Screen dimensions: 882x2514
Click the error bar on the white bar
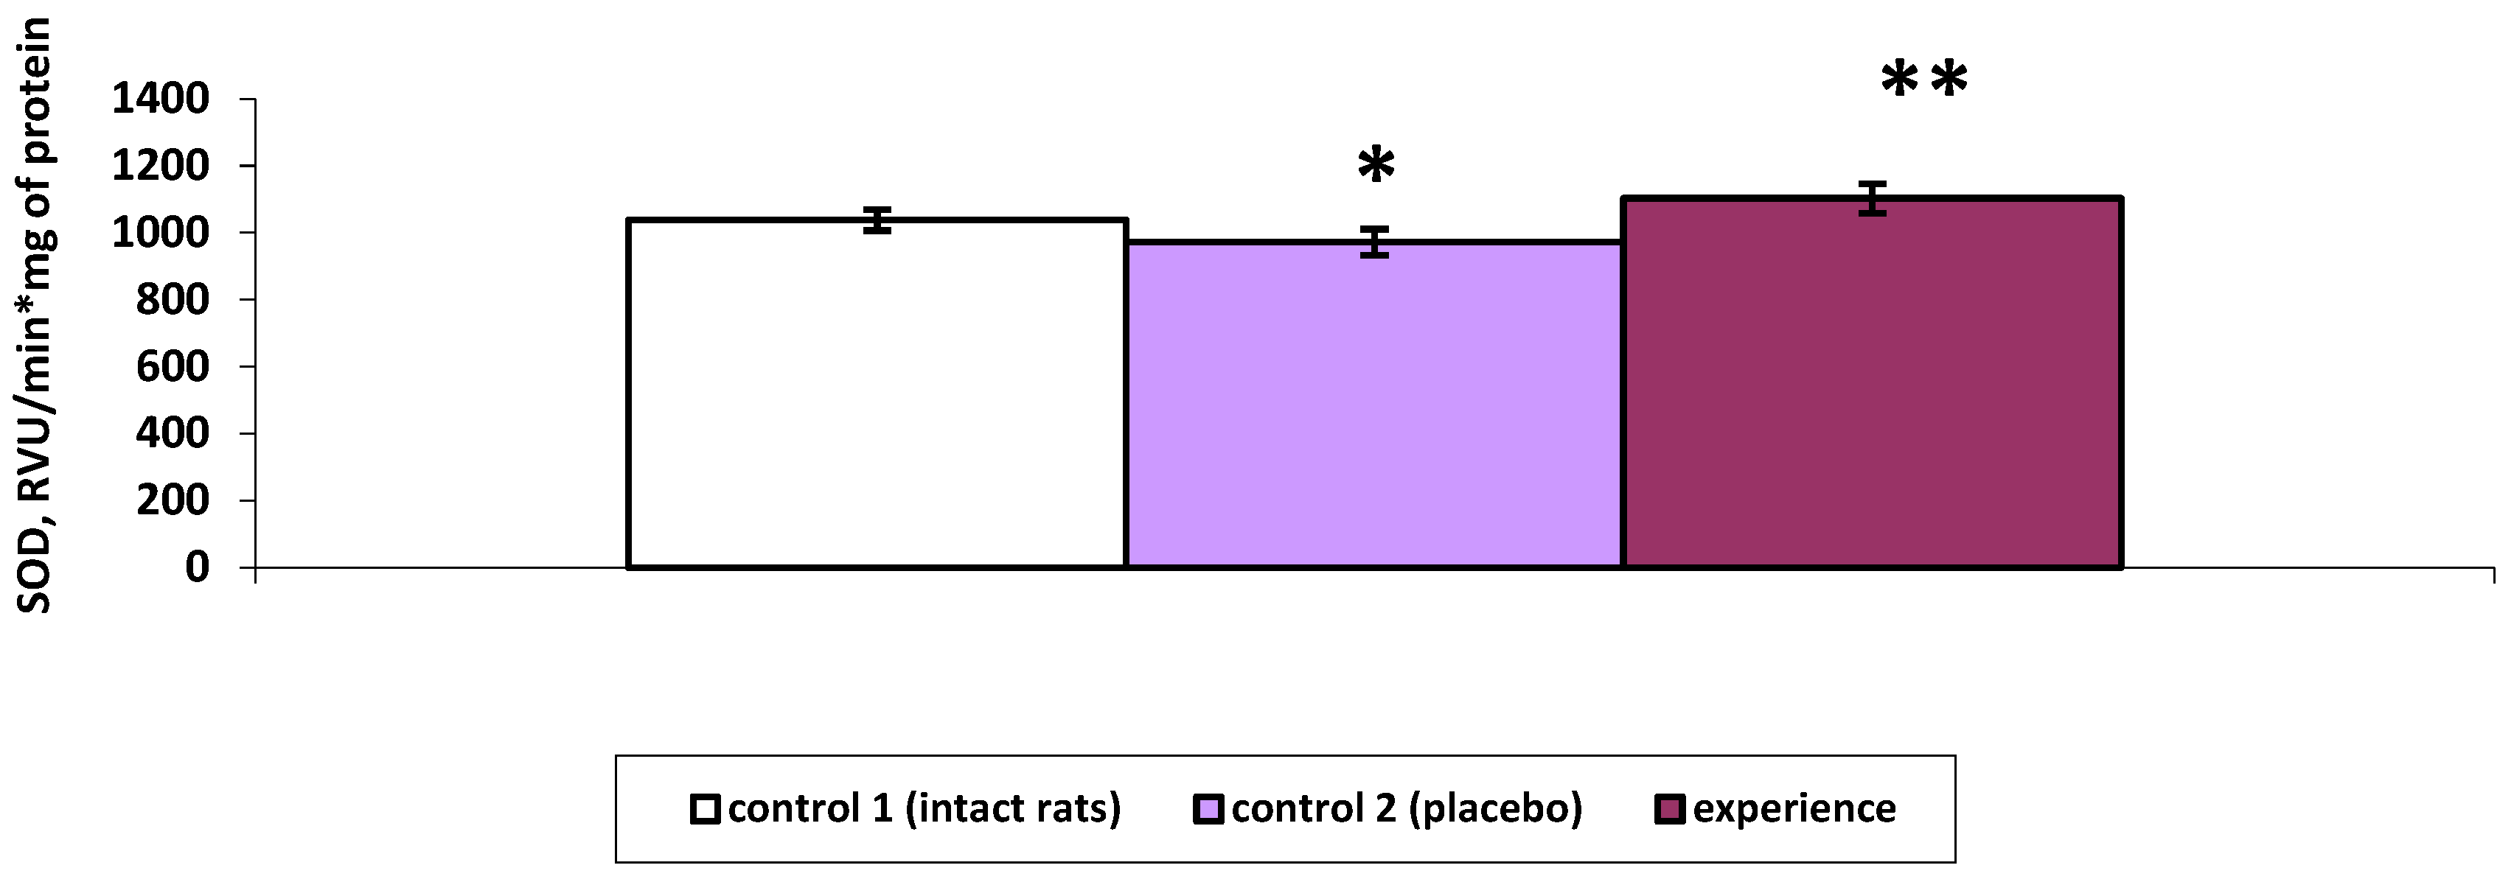[x=878, y=220]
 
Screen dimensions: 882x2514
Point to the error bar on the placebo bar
[x=1375, y=242]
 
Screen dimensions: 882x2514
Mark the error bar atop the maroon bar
[x=1872, y=199]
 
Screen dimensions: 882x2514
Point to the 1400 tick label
[x=160, y=99]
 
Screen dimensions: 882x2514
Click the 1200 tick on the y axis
[x=160, y=166]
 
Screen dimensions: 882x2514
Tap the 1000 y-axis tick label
[x=160, y=232]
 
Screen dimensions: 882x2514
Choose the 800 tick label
[x=172, y=300]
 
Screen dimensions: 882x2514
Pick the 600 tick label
[x=172, y=367]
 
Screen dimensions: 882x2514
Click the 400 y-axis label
[x=172, y=433]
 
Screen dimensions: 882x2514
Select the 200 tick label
[x=172, y=500]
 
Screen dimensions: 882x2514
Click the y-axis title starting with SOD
[x=35, y=317]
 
